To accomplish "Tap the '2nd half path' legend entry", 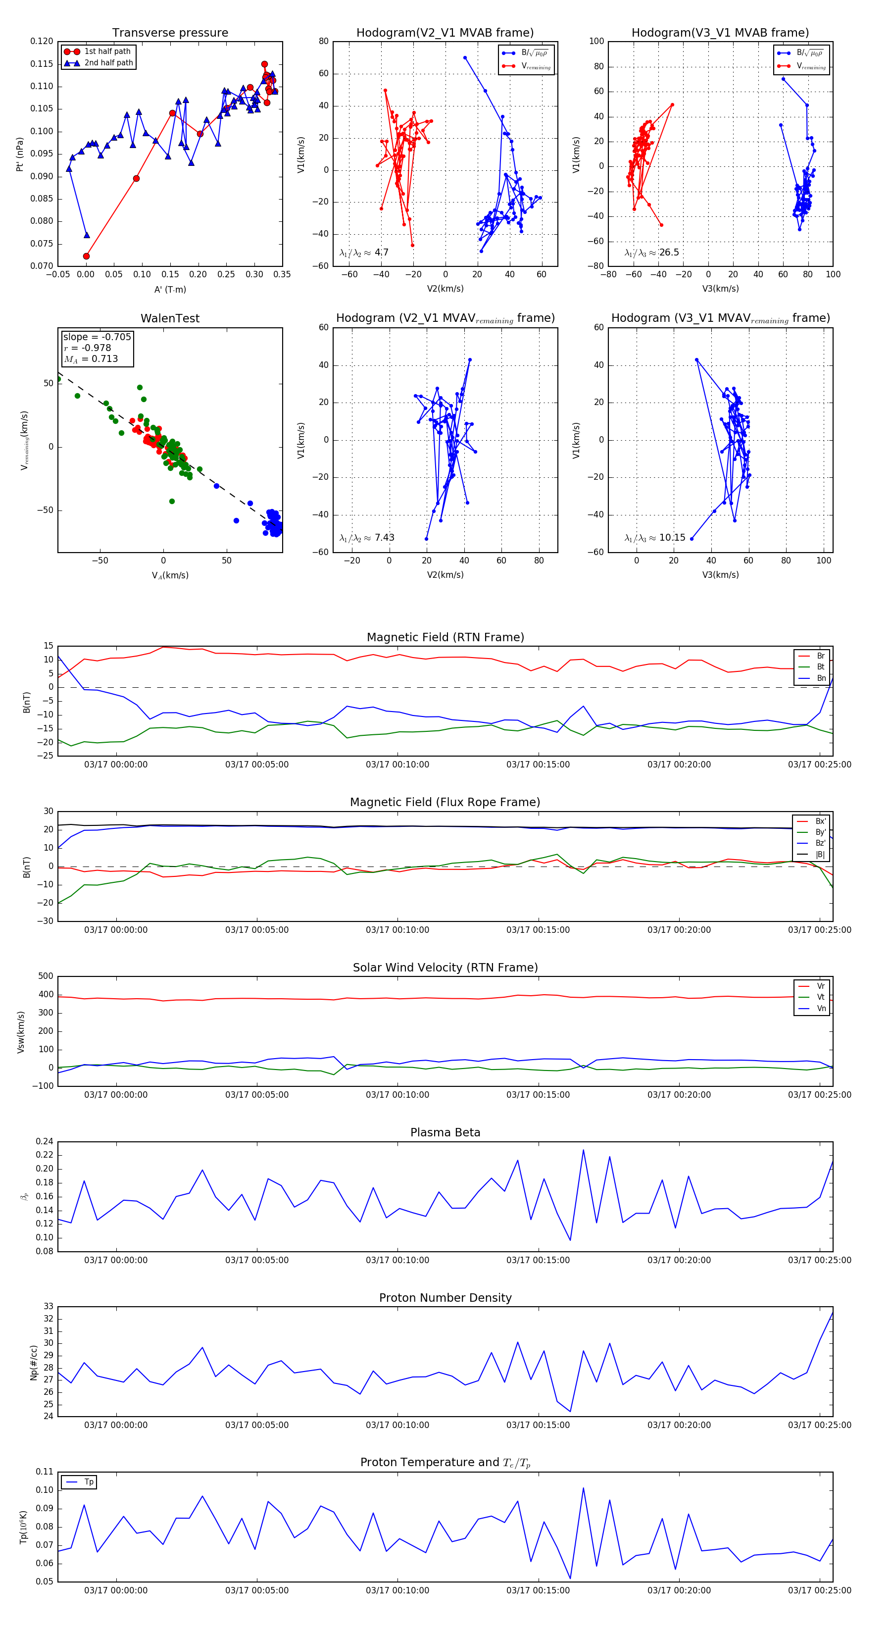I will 108,63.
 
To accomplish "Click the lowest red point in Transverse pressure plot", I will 86,256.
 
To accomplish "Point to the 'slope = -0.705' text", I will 97,337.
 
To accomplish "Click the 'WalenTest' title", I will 170,318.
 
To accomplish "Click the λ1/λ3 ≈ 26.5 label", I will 651,253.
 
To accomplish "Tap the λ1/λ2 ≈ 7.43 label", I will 366,538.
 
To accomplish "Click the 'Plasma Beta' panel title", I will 445,1132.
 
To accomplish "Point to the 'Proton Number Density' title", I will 445,1297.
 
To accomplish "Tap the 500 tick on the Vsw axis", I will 46,976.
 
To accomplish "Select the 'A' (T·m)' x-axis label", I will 170,289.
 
